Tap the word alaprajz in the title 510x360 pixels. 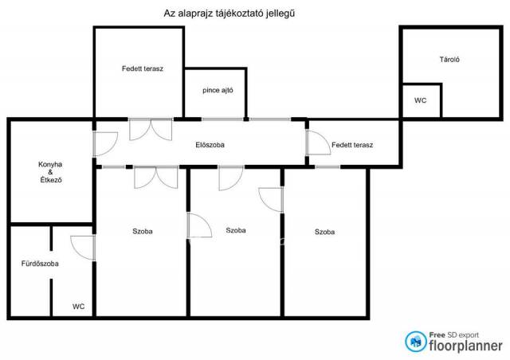click(192, 14)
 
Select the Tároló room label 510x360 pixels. click(449, 60)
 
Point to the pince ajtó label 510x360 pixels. click(218, 91)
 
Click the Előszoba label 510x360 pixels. click(210, 145)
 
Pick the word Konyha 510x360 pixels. click(50, 165)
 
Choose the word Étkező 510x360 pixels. click(51, 179)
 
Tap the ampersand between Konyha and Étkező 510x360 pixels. click(50, 172)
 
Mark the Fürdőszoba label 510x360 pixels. click(40, 264)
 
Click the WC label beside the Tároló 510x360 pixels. click(420, 100)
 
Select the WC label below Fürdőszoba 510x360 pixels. click(78, 307)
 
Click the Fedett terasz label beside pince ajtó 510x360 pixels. click(143, 68)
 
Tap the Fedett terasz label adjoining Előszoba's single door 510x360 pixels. click(352, 145)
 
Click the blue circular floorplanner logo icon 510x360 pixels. click(416, 342)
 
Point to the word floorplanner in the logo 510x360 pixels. click(465, 346)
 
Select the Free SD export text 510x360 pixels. click(454, 335)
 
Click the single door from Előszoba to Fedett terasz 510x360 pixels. click(318, 143)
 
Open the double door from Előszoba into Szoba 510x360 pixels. click(156, 178)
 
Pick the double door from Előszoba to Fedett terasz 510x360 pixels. click(151, 130)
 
